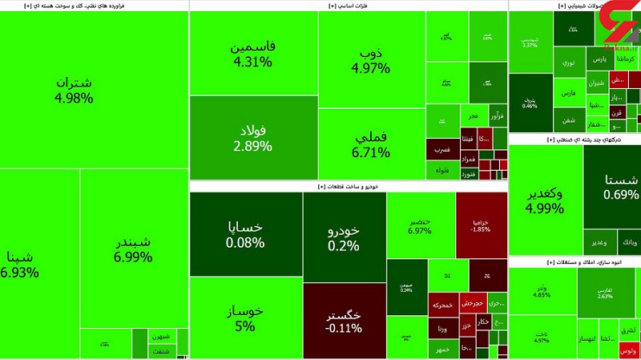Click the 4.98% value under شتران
[x=74, y=99]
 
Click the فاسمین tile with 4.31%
[x=252, y=54]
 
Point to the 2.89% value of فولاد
[x=252, y=146]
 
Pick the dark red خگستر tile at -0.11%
[x=344, y=319]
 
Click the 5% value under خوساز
[x=245, y=326]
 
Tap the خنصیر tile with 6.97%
[x=420, y=225]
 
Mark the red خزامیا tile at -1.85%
[x=481, y=224]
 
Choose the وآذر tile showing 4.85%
[x=542, y=291]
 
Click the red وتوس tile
[x=628, y=350]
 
